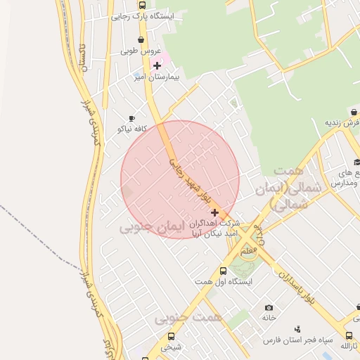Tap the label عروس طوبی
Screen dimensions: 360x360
click(x=141, y=51)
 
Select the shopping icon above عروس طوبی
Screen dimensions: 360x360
click(x=142, y=40)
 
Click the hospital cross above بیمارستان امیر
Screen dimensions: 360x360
click(x=157, y=65)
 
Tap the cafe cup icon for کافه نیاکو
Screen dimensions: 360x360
click(x=131, y=119)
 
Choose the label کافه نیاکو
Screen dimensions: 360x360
click(x=131, y=129)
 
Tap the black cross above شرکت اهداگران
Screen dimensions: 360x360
click(x=214, y=212)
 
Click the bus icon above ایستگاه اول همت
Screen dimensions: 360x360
click(x=223, y=271)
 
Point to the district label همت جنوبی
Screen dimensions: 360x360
click(x=188, y=319)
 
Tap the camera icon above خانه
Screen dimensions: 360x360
click(x=269, y=307)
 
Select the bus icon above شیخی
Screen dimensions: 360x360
click(x=171, y=336)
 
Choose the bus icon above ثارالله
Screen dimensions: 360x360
click(x=349, y=335)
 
